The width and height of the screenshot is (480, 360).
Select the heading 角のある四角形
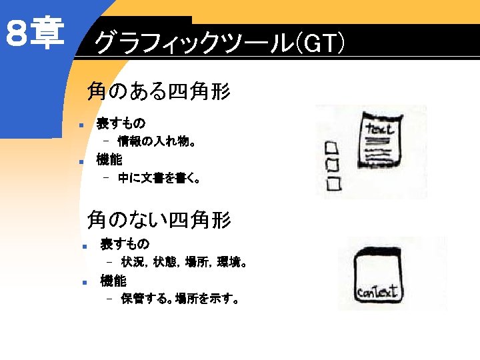(159, 91)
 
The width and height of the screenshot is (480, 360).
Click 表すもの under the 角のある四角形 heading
(121, 123)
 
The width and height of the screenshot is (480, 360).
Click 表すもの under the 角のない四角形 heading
(125, 244)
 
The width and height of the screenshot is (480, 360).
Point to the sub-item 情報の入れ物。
(156, 141)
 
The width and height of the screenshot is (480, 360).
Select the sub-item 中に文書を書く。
(159, 178)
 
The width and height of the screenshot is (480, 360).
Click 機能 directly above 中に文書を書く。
(109, 160)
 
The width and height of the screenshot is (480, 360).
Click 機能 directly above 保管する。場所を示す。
(113, 281)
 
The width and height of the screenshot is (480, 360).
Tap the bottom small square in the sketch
(334, 182)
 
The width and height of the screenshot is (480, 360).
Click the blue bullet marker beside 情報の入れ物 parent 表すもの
(79, 125)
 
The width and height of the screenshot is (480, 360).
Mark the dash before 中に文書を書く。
(105, 178)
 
